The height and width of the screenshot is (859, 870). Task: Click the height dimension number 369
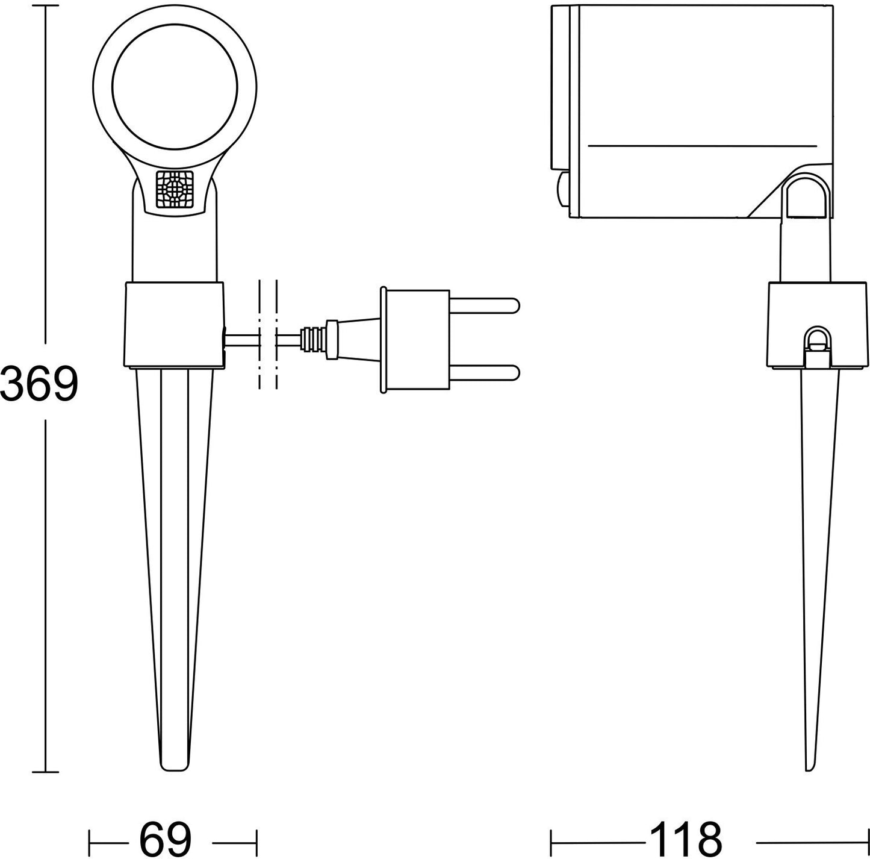(40, 384)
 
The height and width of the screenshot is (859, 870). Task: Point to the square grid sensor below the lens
(175, 190)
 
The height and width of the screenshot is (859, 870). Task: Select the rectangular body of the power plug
(415, 340)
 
